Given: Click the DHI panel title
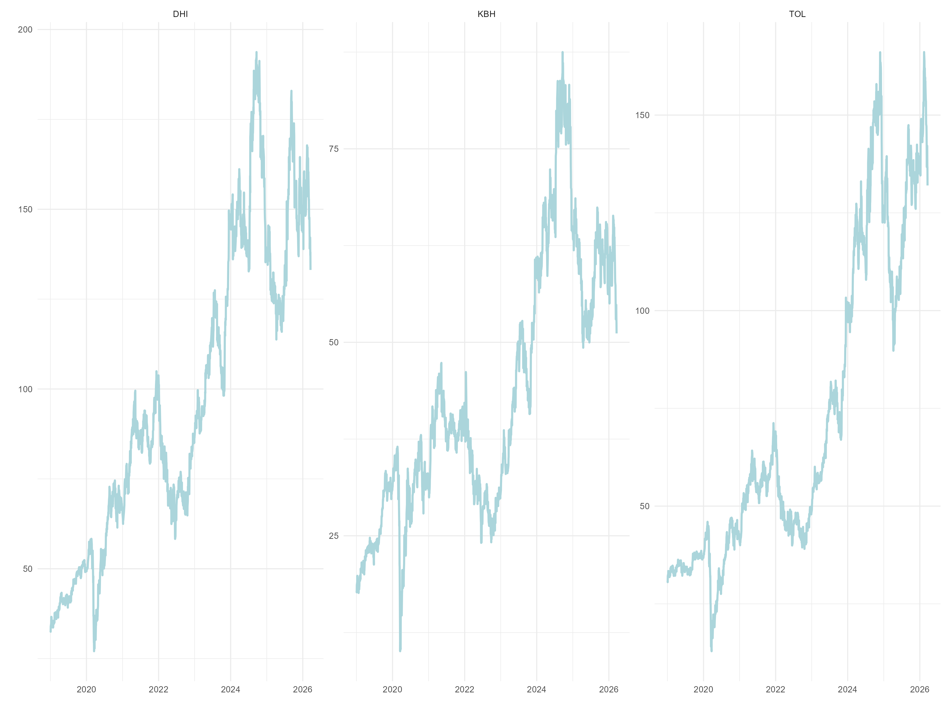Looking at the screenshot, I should pos(180,14).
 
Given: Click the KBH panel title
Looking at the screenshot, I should pos(486,14).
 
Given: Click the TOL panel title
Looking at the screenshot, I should pos(797,14).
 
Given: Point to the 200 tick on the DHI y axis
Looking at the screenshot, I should pos(25,29).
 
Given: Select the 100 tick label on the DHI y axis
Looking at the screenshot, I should pos(25,389).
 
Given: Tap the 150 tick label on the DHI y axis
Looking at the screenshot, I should pos(25,210).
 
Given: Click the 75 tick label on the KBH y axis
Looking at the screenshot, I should pos(334,149).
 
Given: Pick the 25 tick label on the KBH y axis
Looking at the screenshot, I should pos(334,536).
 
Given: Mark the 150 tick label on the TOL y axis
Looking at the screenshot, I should pos(642,115).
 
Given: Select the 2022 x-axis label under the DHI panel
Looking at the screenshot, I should pos(158,689).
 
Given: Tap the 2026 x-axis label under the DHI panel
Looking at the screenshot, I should pos(302,689).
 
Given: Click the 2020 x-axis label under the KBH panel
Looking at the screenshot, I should pos(392,689).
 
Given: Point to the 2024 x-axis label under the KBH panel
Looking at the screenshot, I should pos(536,689).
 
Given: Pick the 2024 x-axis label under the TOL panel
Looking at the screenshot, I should pos(847,689).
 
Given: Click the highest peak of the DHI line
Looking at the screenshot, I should pos(256,52).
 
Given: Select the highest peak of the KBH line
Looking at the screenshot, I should pos(562,52).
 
